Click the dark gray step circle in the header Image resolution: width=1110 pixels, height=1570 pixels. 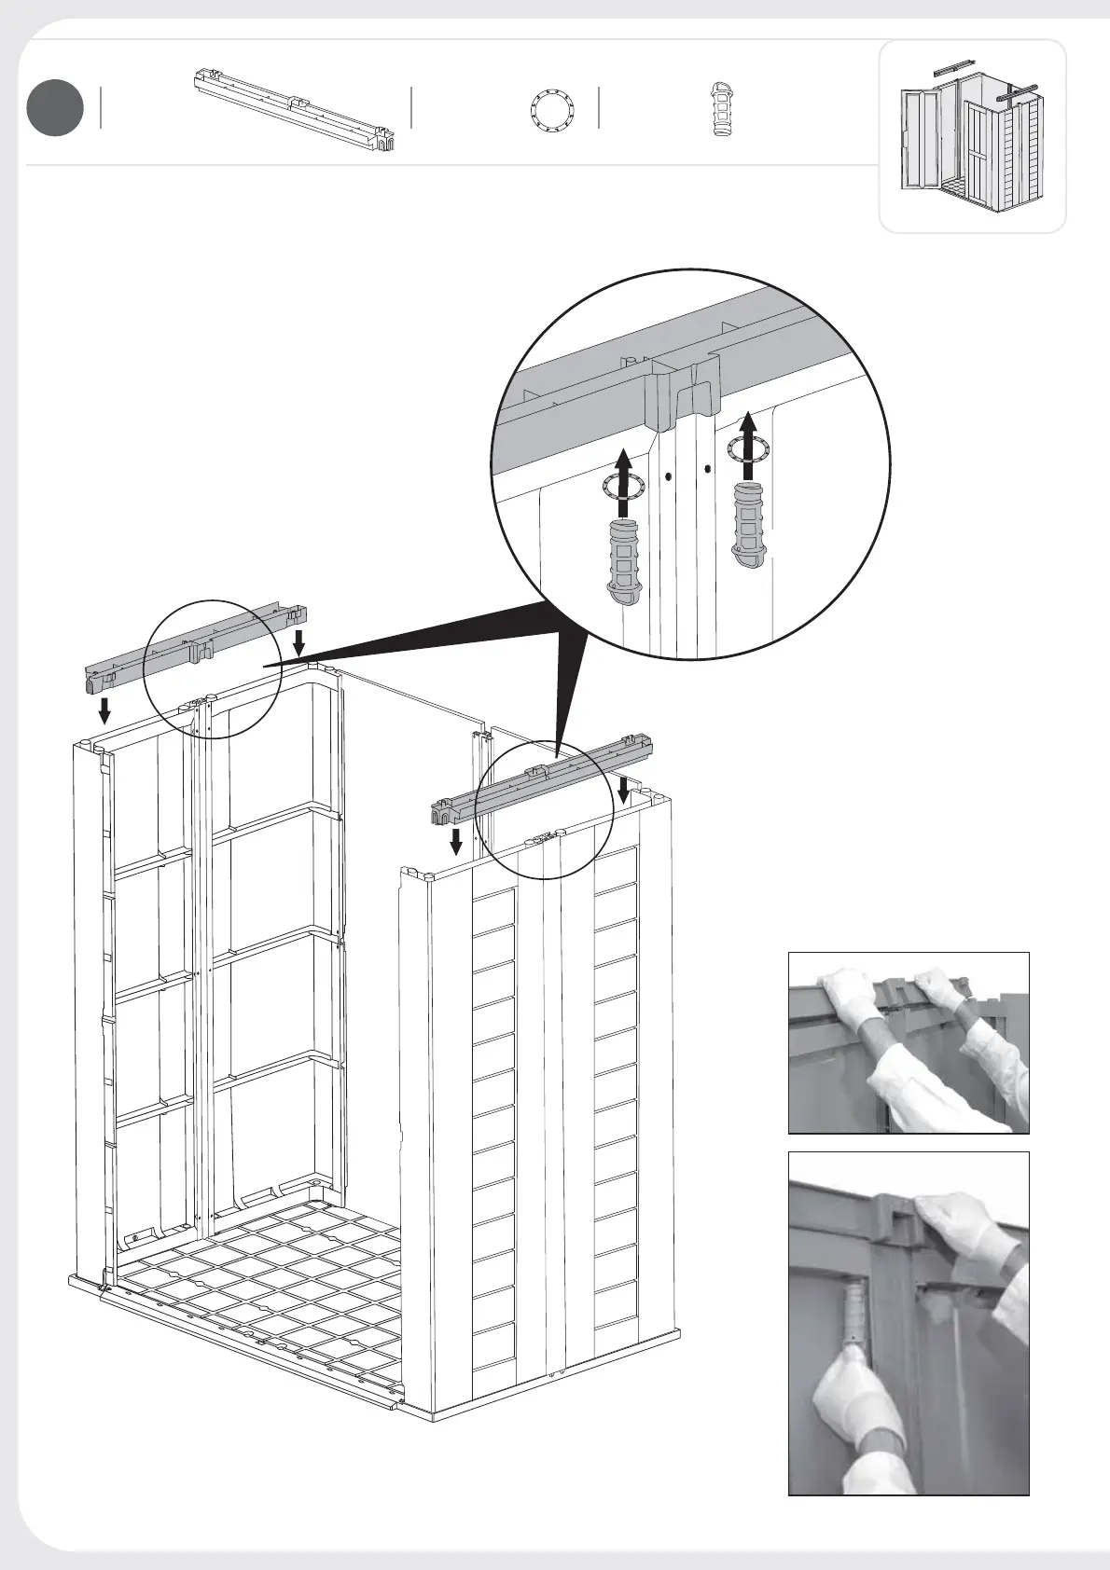(x=55, y=108)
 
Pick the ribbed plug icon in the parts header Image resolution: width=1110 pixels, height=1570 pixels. (x=723, y=110)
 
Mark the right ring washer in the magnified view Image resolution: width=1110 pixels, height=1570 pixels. (x=749, y=451)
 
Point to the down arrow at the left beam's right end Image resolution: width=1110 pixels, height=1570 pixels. (x=298, y=641)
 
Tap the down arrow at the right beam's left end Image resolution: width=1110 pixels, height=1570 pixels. (x=455, y=840)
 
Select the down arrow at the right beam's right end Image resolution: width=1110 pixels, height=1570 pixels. (x=623, y=789)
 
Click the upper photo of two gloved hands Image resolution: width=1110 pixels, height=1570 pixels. (x=909, y=1042)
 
